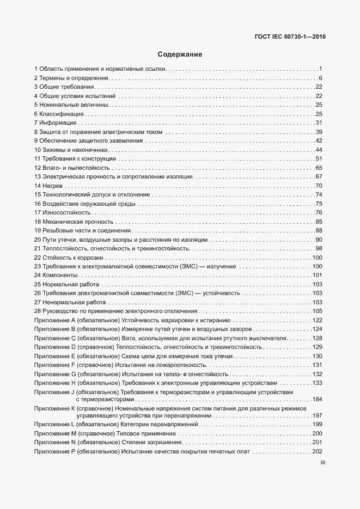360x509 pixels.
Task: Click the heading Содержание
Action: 180,54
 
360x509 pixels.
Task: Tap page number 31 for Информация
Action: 320,122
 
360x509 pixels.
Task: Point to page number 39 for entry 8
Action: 320,132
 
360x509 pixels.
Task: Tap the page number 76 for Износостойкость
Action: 320,212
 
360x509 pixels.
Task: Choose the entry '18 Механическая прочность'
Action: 74,222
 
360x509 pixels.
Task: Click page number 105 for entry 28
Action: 318,311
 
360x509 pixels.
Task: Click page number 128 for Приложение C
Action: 318,338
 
